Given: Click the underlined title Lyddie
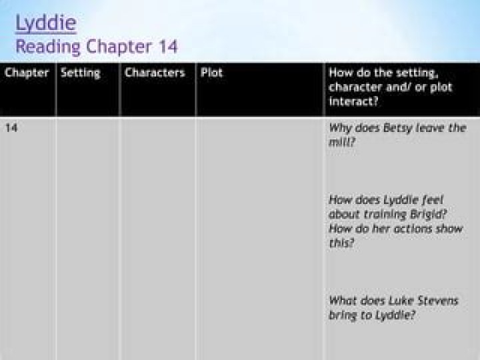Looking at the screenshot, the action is click(46, 23).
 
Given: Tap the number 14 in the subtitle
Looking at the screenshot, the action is click(168, 47).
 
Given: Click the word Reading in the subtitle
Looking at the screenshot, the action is click(48, 47).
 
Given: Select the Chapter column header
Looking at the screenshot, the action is click(27, 73).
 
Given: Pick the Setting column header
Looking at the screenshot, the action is click(81, 73).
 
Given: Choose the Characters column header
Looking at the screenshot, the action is click(155, 73).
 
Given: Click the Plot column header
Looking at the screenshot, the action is click(211, 73).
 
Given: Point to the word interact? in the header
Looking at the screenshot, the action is click(353, 101).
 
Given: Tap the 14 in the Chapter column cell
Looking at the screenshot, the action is click(11, 127).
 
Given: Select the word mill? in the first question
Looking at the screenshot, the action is click(341, 142).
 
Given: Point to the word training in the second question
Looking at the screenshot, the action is click(385, 215).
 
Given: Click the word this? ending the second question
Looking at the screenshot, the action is click(341, 243).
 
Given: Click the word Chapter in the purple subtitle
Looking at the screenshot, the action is click(119, 47).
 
